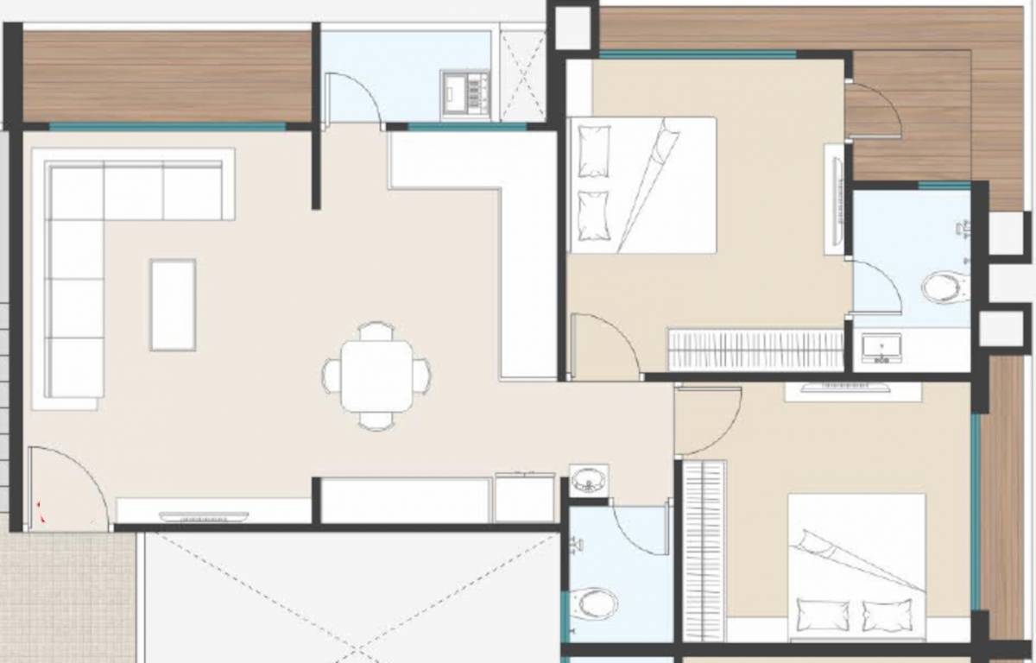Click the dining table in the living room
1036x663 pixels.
[x=376, y=376]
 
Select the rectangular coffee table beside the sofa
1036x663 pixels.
[x=173, y=305]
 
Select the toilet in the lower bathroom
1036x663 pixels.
[x=597, y=602]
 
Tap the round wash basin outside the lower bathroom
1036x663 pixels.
[x=589, y=479]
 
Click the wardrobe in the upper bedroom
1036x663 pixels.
[x=755, y=350]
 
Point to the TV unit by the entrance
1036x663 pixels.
[x=204, y=516]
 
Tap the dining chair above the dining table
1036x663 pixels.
[x=376, y=331]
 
